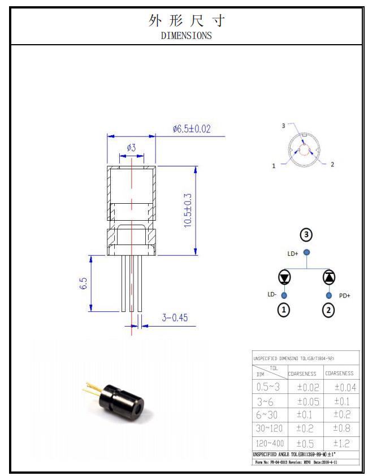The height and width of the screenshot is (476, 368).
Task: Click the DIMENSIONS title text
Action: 186,35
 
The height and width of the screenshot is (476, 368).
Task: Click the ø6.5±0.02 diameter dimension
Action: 192,129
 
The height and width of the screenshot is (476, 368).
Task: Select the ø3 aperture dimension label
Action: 131,148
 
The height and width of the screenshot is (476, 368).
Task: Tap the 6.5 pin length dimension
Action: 83,284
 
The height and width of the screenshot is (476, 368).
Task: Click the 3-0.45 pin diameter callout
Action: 175,318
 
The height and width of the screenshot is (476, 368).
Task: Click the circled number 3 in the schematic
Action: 306,234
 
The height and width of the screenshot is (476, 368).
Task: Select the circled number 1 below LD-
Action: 284,310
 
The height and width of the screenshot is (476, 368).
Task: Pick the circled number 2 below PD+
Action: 328,310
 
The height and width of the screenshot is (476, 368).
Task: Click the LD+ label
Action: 292,254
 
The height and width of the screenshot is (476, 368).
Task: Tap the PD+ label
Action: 344,295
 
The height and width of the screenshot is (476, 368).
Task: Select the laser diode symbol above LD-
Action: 284,277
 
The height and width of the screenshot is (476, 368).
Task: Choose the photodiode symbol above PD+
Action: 328,277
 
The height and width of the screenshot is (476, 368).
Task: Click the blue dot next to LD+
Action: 306,252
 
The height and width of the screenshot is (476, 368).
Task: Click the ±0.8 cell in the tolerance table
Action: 341,428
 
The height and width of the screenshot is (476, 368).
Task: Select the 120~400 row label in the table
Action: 269,443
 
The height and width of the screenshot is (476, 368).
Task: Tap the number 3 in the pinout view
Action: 283,126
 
